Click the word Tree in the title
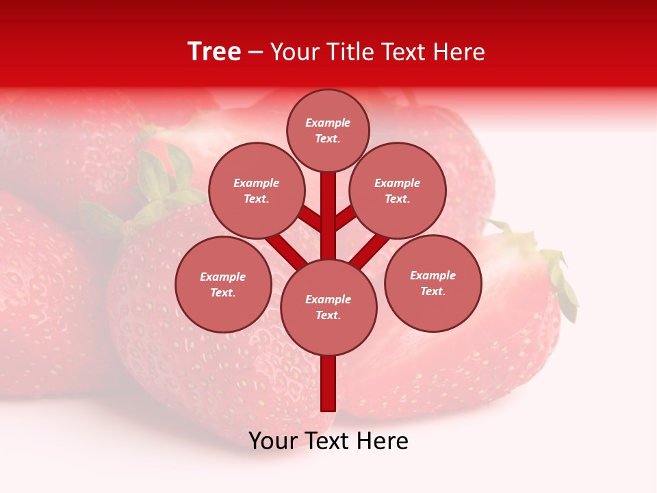[x=214, y=52]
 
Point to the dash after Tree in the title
[x=255, y=53]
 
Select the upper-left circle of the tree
[x=257, y=190]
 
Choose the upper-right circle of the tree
[x=398, y=190]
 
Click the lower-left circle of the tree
[x=223, y=284]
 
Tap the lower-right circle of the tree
[x=433, y=283]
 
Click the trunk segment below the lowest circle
[x=328, y=383]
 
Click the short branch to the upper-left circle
[x=311, y=219]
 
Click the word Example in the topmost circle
[x=328, y=123]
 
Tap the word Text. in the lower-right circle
[x=433, y=291]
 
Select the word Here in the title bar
[x=459, y=52]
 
